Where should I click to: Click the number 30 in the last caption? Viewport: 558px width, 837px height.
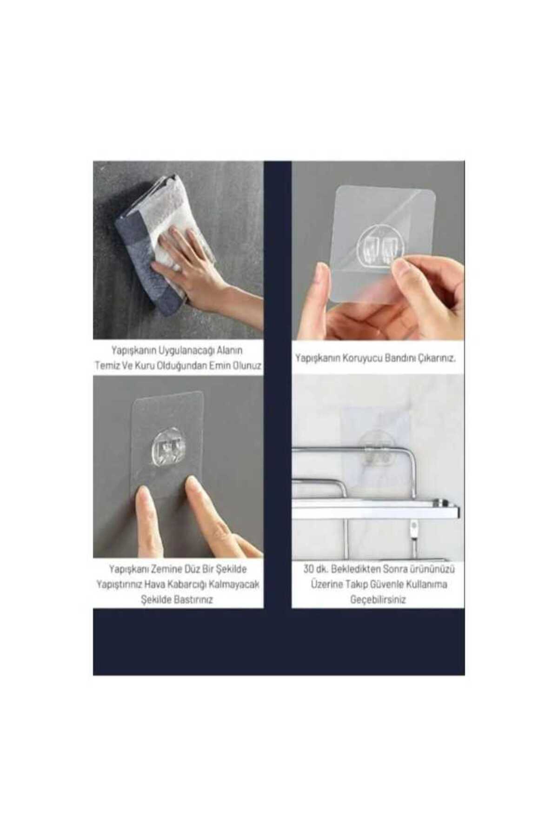[x=309, y=569]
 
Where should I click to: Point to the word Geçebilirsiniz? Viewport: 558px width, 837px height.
[x=378, y=600]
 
